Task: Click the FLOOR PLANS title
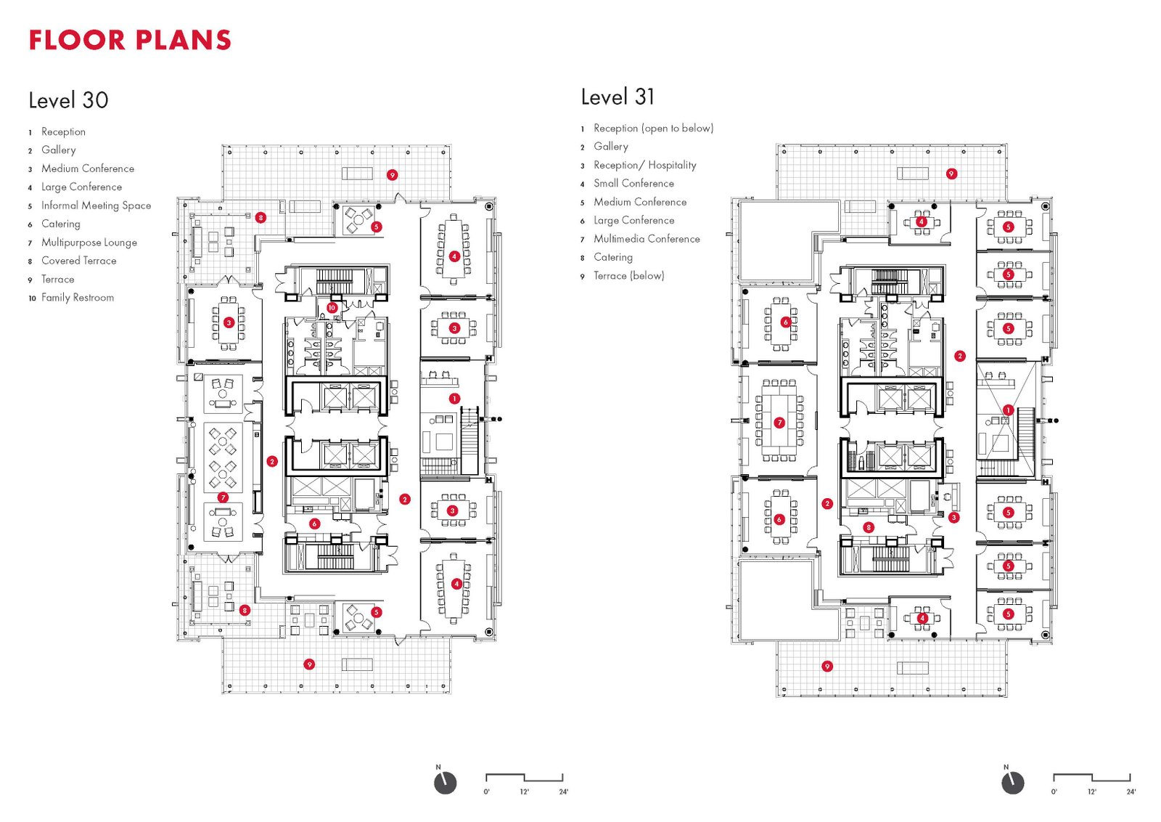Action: point(130,40)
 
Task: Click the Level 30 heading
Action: point(68,100)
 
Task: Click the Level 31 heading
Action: point(618,97)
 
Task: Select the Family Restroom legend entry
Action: point(77,298)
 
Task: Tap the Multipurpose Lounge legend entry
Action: point(89,243)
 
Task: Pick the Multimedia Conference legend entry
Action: point(647,239)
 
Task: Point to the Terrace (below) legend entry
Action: point(628,276)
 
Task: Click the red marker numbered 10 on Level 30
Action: point(332,308)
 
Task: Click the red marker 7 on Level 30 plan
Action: point(223,497)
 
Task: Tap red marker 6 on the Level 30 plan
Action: point(314,524)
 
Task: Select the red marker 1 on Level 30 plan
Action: point(454,399)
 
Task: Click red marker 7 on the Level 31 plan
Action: point(779,423)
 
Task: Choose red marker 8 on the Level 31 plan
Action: point(869,527)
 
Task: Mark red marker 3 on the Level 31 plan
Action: point(953,518)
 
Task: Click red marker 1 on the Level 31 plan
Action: point(1008,410)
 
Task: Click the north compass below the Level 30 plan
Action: point(445,783)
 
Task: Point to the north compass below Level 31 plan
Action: point(1012,783)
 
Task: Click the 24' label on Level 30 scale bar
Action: point(563,792)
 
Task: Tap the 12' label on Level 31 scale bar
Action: point(1091,792)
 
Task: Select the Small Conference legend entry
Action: point(633,184)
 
